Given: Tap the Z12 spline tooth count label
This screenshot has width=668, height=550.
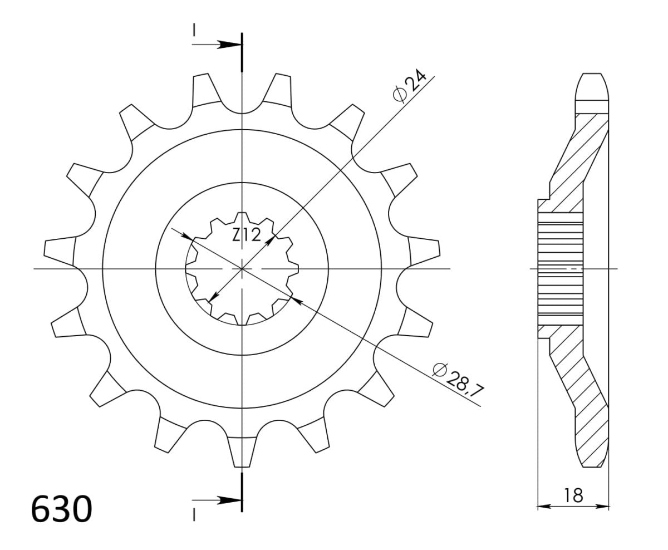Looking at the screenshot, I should click(247, 236).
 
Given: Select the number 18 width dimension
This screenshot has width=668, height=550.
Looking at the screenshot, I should click(573, 495).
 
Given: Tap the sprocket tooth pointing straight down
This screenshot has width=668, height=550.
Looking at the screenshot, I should click(242, 451).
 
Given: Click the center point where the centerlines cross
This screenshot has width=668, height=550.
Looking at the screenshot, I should click(242, 269).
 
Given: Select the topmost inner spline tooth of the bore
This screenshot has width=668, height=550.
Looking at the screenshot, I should click(242, 218).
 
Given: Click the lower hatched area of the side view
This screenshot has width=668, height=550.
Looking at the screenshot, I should click(582, 401).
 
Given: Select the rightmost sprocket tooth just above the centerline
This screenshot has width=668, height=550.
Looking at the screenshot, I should click(424, 248).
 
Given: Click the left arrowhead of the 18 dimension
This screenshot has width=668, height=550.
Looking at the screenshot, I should click(541, 507).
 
